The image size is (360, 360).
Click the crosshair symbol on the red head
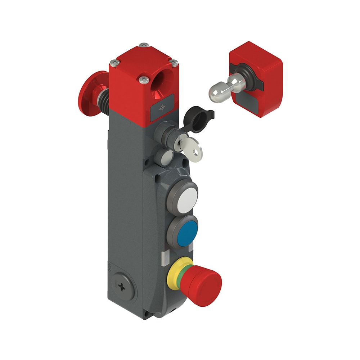click(x=163, y=107)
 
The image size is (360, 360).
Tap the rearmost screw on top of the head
click(x=144, y=45)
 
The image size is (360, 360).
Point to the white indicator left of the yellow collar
click(x=164, y=256)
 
